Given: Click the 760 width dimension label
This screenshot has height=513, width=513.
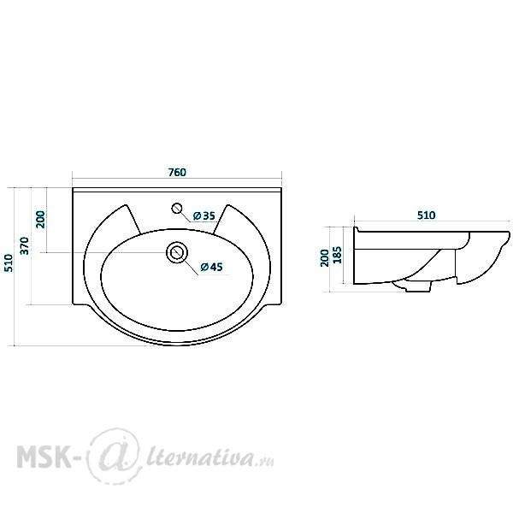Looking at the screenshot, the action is point(177,172).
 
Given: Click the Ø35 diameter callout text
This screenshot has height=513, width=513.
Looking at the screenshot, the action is point(204,215).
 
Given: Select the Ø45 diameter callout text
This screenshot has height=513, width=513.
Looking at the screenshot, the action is point(212,267).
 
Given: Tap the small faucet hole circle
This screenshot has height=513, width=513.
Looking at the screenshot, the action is point(177,208).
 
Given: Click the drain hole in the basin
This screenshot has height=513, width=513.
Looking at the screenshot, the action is point(177,252).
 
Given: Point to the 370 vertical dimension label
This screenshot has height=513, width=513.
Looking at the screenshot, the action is point(25,245).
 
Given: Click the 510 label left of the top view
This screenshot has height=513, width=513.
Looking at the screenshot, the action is point(9,262).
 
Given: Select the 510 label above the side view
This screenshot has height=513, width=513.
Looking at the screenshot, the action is point(427,215).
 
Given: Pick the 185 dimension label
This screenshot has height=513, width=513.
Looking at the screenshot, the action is point(337,255).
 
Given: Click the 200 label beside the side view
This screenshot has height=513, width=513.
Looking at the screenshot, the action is point(325,258).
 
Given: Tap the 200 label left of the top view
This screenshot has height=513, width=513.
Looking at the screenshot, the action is point(40,220).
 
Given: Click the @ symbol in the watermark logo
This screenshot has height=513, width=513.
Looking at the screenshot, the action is point(113,456).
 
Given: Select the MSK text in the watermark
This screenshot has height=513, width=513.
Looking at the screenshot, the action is point(44,456).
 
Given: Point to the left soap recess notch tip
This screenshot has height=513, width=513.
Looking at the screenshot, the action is point(126,205).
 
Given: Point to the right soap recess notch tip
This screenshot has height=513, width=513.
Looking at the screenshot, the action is point(227,205).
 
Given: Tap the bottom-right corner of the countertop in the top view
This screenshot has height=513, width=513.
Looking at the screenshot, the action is point(281,305).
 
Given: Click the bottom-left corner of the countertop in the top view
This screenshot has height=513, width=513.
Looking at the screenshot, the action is point(73,305).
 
